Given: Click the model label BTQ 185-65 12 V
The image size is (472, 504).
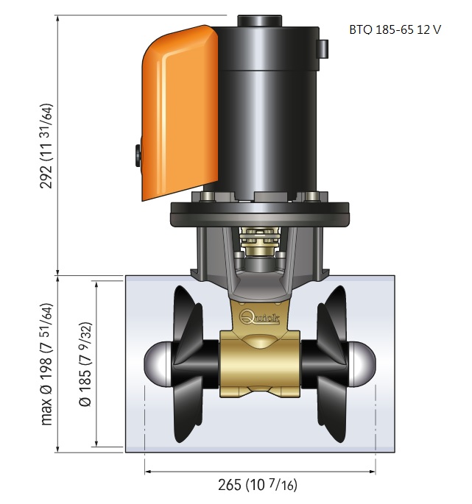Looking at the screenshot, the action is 395,29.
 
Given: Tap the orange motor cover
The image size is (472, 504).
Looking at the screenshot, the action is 180,113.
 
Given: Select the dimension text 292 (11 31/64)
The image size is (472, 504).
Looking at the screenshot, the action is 46,146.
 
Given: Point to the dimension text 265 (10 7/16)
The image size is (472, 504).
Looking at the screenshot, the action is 258,485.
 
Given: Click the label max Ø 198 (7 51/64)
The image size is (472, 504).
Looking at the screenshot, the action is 46,364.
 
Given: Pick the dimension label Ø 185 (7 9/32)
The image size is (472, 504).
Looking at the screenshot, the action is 85,364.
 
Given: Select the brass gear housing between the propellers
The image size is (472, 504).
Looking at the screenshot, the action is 260,363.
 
